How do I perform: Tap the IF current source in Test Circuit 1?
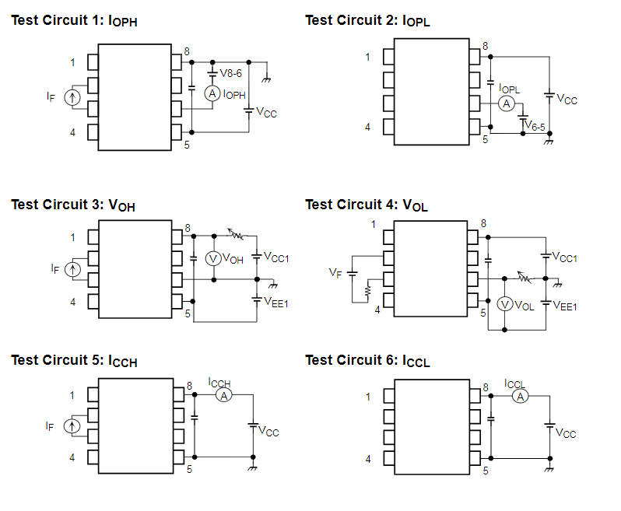point(72,97)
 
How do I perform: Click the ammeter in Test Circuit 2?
point(506,103)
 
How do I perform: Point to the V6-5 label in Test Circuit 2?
point(533,124)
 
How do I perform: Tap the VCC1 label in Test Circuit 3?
point(276,257)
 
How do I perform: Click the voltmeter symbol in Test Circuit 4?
point(505,304)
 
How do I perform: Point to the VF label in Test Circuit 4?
point(335,274)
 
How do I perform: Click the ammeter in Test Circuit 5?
point(223,396)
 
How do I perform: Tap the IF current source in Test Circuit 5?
point(72,426)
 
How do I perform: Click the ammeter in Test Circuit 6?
point(521,396)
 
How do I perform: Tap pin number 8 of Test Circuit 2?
point(486,47)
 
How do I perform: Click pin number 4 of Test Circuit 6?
point(368,460)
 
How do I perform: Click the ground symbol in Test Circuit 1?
point(267,77)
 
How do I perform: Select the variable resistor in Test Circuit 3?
point(236,233)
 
